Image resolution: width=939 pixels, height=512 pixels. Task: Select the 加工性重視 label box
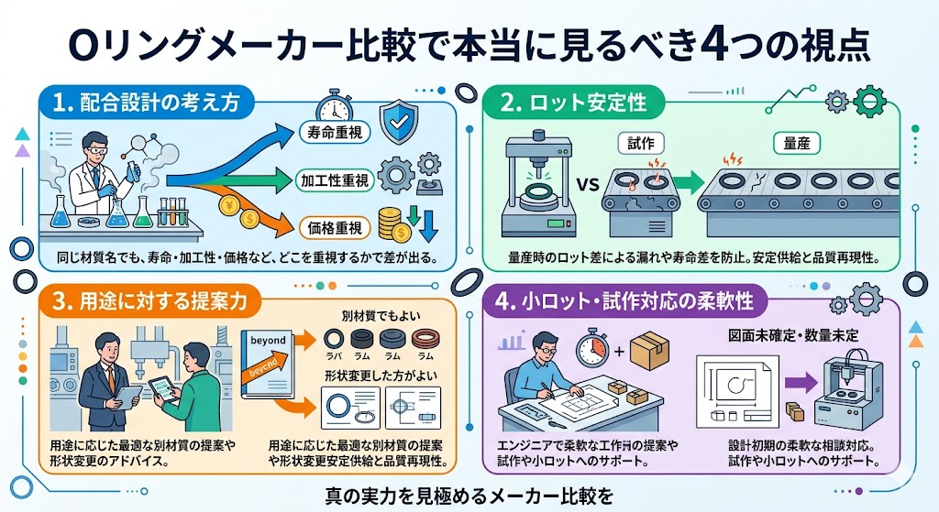click(331, 180)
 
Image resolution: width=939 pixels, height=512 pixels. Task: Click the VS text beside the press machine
click(587, 184)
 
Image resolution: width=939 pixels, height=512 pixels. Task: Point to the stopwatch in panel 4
click(592, 350)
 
